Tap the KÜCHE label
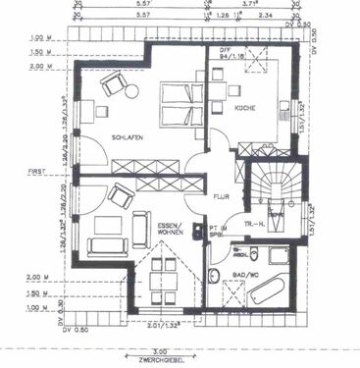tap(244, 120)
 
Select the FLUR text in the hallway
tap(221, 196)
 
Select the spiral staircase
tap(275, 188)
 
